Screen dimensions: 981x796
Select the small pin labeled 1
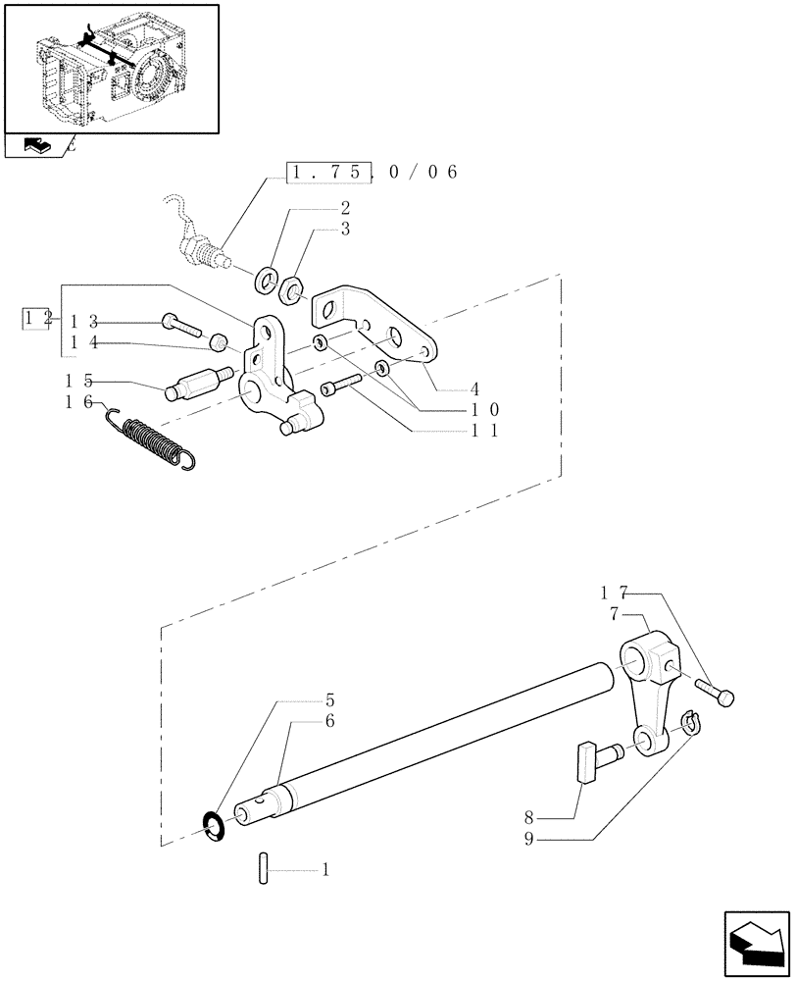(264, 869)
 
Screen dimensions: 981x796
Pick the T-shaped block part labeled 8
(584, 762)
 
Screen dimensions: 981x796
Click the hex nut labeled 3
(292, 289)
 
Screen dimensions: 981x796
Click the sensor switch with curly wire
(200, 245)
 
